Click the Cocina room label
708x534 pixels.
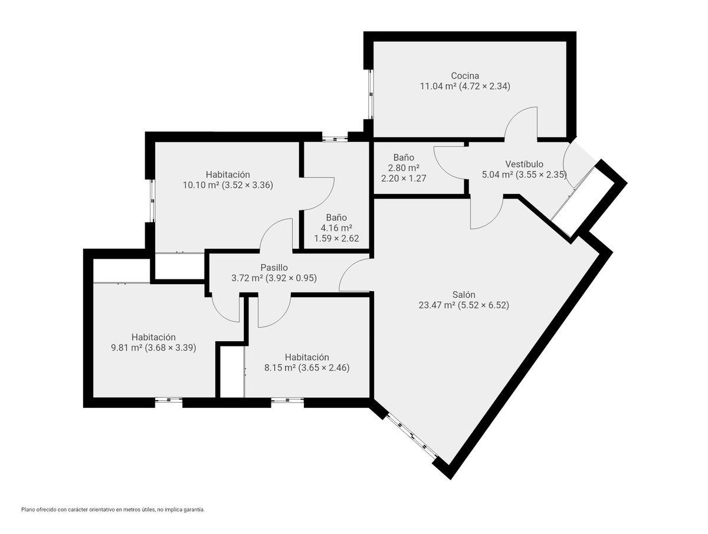click(x=465, y=75)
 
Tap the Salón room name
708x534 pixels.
click(x=464, y=294)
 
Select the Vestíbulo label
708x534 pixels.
click(x=524, y=164)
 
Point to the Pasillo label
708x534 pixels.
click(x=274, y=268)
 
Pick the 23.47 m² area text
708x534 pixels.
click(x=437, y=305)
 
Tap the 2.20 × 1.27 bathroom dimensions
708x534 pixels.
click(x=404, y=178)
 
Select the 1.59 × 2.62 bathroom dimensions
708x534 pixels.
click(x=336, y=238)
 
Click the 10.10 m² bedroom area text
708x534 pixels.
click(x=201, y=185)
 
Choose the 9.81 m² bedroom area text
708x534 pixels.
click(x=127, y=348)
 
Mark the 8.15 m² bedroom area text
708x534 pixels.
click(x=280, y=368)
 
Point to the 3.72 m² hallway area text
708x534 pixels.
click(x=247, y=278)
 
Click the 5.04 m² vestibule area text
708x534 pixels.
click(x=498, y=174)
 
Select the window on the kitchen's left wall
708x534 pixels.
click(x=371, y=94)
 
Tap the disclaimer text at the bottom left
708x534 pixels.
click(x=113, y=519)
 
